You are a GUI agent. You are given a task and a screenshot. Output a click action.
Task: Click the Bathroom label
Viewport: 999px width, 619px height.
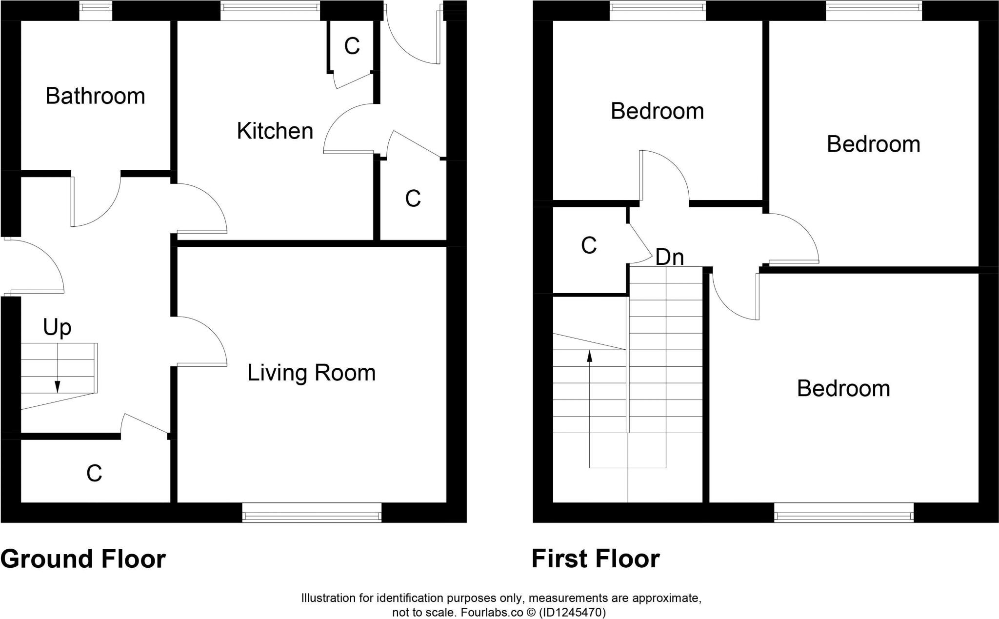click(95, 96)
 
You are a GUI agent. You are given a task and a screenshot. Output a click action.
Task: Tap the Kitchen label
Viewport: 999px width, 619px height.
click(275, 131)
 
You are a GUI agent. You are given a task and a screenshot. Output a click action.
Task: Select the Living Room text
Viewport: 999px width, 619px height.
click(311, 373)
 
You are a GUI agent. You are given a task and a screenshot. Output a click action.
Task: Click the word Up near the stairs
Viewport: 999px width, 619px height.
click(57, 328)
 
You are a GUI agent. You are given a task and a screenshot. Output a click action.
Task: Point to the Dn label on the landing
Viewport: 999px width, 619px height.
click(669, 257)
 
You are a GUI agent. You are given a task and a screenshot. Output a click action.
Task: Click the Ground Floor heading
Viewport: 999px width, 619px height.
click(83, 559)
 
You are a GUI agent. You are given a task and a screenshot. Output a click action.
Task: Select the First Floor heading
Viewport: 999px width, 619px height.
click(595, 559)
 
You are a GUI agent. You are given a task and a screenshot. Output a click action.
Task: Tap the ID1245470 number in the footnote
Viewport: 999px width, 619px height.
click(572, 612)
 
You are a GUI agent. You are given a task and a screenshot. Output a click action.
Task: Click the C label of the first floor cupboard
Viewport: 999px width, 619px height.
click(589, 246)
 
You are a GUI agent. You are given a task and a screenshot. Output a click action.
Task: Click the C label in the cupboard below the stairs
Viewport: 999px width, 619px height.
click(94, 473)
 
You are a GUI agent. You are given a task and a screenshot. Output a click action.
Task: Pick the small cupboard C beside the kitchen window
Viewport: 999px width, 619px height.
click(352, 46)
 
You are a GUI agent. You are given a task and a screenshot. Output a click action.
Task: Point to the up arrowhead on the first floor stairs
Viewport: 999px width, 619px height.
click(589, 356)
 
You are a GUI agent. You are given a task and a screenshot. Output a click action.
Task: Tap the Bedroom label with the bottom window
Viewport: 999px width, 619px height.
click(843, 389)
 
